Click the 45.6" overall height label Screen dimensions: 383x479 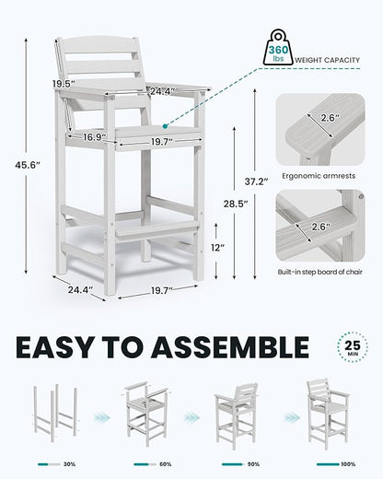(x=28, y=165)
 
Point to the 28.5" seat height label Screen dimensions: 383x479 (x=236, y=204)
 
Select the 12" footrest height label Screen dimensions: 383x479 (x=218, y=248)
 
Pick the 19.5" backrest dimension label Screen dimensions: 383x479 (x=64, y=84)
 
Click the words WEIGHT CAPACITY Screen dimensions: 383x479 (x=327, y=60)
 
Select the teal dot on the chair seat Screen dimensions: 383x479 (x=165, y=126)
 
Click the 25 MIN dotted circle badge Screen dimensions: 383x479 (x=353, y=347)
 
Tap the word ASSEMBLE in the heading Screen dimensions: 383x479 (x=230, y=347)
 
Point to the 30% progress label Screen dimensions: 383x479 (x=69, y=464)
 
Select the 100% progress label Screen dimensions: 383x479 (x=348, y=464)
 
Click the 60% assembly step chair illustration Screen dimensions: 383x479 (x=146, y=414)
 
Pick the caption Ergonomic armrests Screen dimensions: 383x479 (x=319, y=176)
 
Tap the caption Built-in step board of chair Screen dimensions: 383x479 (x=320, y=272)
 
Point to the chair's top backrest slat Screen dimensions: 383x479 (x=99, y=45)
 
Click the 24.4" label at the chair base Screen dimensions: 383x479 (x=80, y=290)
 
